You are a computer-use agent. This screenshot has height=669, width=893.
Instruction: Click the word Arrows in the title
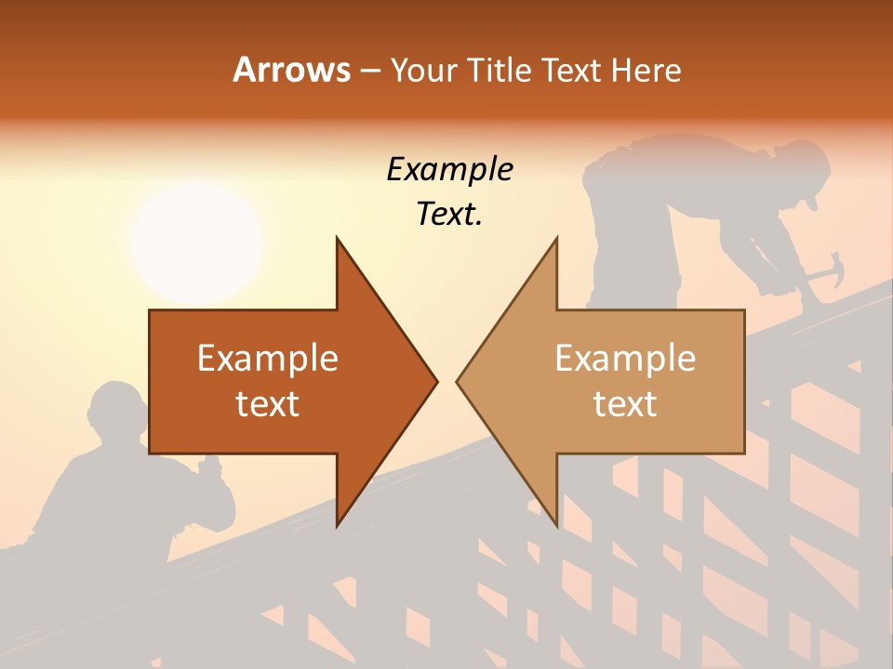291,70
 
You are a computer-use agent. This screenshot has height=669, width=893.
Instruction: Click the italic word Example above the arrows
449,169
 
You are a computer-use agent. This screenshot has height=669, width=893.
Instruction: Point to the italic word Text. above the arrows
449,214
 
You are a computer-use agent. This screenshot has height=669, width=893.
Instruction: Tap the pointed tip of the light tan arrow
459,381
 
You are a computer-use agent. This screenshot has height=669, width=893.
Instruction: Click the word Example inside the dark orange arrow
267,358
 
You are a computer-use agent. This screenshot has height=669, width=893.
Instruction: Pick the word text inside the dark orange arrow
267,403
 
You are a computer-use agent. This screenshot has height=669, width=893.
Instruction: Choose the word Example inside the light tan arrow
625,358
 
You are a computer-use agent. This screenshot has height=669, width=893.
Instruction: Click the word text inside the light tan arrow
625,403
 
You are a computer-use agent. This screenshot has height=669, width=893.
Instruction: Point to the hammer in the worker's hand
826,269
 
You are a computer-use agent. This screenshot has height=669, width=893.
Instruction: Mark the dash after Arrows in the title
369,71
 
